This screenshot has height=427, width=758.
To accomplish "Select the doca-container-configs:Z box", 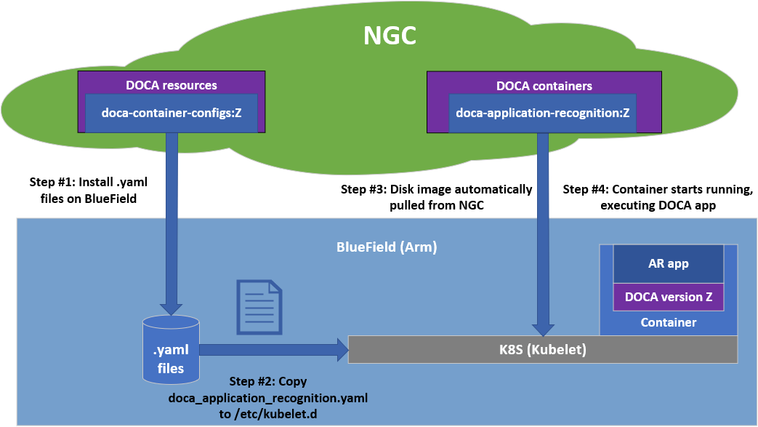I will pos(171,113).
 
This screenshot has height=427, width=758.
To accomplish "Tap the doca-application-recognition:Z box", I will pos(542,113).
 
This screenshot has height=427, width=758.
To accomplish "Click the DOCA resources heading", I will pos(171,85).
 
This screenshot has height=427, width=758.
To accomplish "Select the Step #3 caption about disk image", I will pos(436,196).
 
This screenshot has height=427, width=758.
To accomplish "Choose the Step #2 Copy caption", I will pos(268,398).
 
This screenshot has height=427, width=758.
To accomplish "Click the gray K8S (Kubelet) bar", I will pos(544,350).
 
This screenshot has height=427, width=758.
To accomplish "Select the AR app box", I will pos(669,264).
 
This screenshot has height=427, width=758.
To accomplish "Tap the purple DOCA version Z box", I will pos(669,297).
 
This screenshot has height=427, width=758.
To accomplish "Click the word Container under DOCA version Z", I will pos(669,322).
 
